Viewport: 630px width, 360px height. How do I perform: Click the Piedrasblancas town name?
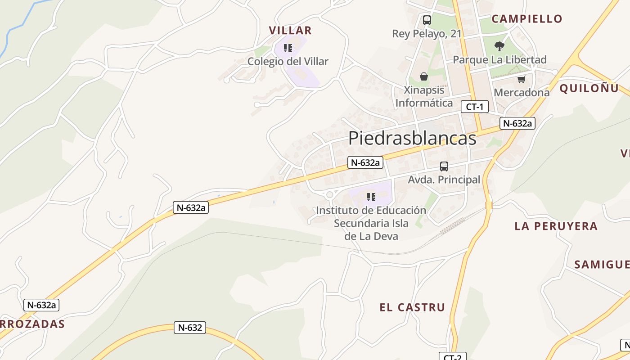pyautogui.click(x=412, y=138)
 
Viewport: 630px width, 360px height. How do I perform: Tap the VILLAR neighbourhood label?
pyautogui.click(x=290, y=31)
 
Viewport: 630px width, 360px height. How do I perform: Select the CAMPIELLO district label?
pyautogui.click(x=527, y=19)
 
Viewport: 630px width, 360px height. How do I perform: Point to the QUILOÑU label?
pyautogui.click(x=589, y=88)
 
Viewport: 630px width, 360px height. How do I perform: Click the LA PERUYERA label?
pyautogui.click(x=556, y=226)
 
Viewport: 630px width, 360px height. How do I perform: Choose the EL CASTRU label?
pyautogui.click(x=412, y=307)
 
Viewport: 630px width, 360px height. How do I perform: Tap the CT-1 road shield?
pyautogui.click(x=475, y=107)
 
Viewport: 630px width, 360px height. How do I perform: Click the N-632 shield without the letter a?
pyautogui.click(x=190, y=328)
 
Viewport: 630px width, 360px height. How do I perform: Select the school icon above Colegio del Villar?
pyautogui.click(x=288, y=48)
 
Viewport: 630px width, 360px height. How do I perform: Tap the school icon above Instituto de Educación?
pyautogui.click(x=371, y=197)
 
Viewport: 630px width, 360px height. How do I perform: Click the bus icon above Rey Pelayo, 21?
pyautogui.click(x=427, y=20)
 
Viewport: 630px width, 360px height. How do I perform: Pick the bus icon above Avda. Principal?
pyautogui.click(x=444, y=166)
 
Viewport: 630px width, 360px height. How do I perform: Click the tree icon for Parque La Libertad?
pyautogui.click(x=499, y=46)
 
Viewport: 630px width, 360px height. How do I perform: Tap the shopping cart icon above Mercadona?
pyautogui.click(x=521, y=80)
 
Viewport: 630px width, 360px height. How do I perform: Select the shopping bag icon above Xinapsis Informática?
pyautogui.click(x=423, y=76)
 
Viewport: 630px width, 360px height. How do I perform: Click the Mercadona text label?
pyautogui.click(x=522, y=93)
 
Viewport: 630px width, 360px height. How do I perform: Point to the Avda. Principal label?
pyautogui.click(x=444, y=180)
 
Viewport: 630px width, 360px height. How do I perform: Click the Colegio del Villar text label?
pyautogui.click(x=288, y=61)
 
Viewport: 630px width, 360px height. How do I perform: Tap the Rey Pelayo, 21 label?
pyautogui.click(x=427, y=34)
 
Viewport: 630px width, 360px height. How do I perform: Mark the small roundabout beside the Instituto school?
pyautogui.click(x=330, y=195)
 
